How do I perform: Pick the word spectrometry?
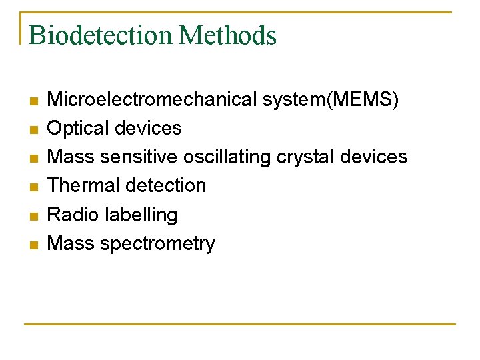click(158, 244)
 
